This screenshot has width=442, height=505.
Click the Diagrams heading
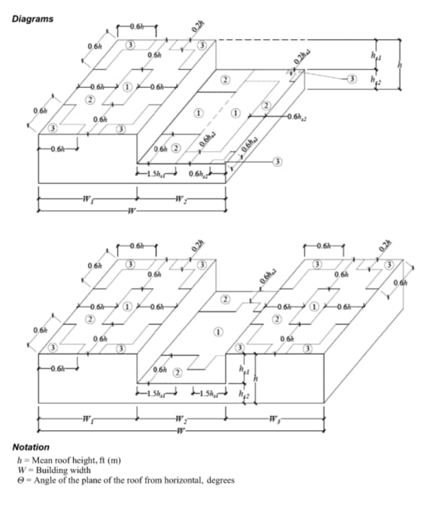32,19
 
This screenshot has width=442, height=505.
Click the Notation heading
31,447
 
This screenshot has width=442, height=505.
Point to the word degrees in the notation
219,480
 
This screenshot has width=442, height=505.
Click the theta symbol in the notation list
21,480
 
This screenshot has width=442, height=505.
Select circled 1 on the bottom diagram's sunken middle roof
219,332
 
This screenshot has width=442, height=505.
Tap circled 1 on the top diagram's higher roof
127,87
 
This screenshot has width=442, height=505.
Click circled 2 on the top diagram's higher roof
89,100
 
